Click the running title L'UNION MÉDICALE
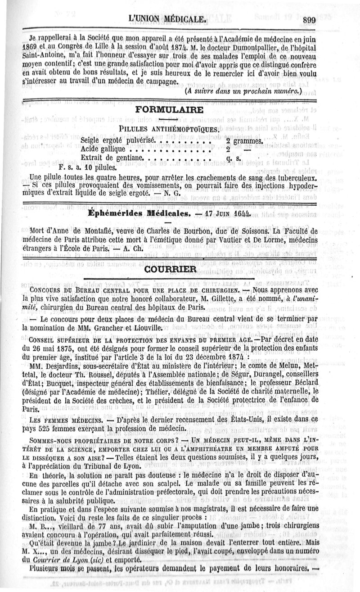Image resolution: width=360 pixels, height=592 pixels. [167, 19]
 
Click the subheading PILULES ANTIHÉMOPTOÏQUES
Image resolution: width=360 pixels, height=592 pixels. [169, 130]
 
